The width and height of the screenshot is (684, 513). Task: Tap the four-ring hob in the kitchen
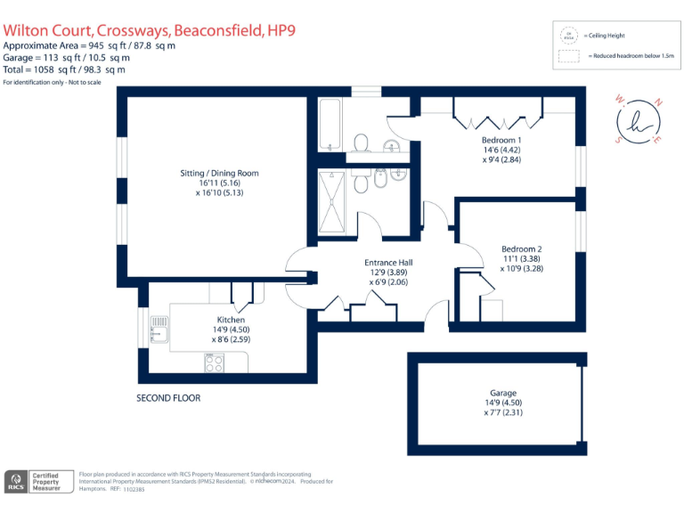coord(215,362)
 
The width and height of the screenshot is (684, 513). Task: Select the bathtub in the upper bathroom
coord(330,126)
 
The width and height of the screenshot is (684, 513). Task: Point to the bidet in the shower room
coord(381,181)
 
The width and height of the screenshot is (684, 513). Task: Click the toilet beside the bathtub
coord(362,143)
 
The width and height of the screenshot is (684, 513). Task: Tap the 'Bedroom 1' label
coord(501,140)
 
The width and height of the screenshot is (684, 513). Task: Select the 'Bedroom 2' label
coord(521,248)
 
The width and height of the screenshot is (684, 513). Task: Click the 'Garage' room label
coord(502,393)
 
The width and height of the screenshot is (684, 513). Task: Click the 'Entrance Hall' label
coord(388,263)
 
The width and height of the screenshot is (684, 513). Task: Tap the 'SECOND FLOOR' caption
coord(168,398)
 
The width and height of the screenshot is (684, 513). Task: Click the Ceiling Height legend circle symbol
coord(566,36)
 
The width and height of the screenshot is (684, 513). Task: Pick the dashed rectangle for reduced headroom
coord(566,57)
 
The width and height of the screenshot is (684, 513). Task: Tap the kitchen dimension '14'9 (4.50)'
coord(231,330)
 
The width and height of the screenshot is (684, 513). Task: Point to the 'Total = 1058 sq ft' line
coord(64,69)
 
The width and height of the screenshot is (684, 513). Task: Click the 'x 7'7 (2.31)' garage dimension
coord(502,412)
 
